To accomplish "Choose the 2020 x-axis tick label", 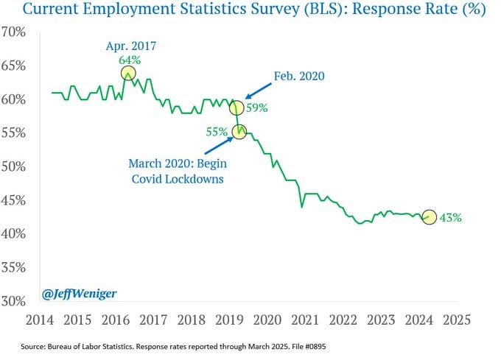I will click(267, 320).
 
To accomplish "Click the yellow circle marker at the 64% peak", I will click(128, 73).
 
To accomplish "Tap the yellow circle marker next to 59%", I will click(237, 107).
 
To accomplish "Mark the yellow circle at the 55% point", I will click(239, 131).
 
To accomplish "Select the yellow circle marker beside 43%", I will click(430, 218).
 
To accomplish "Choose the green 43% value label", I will click(451, 218).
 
